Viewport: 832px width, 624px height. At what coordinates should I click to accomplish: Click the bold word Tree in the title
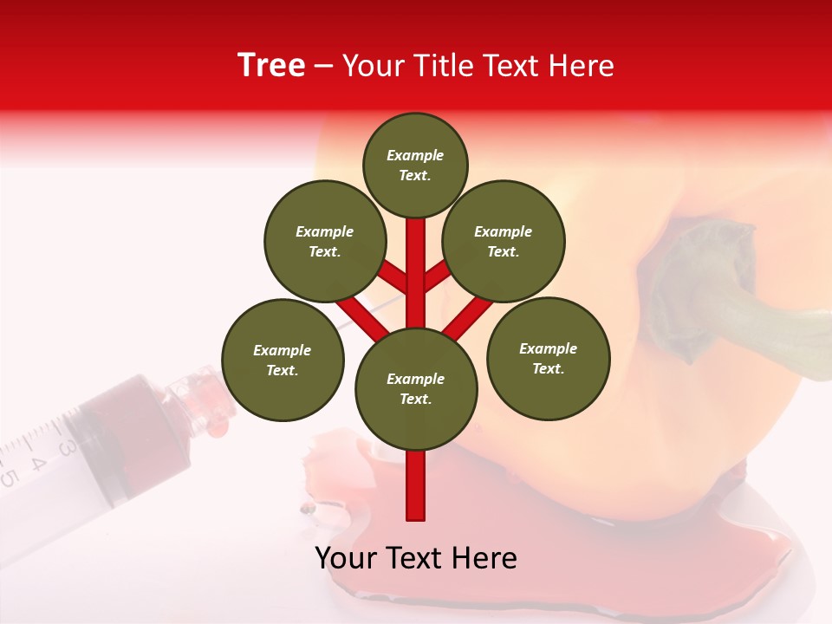(x=271, y=66)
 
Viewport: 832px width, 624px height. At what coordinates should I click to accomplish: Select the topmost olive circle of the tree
(x=415, y=165)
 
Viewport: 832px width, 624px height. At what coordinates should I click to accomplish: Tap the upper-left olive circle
(x=324, y=241)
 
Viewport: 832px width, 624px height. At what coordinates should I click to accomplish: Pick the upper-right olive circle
(x=504, y=241)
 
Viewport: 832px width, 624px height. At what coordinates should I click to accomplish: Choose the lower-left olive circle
(x=283, y=360)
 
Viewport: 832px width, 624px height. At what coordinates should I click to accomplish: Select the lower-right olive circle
(x=548, y=358)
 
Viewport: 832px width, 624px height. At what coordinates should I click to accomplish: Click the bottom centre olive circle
(x=415, y=388)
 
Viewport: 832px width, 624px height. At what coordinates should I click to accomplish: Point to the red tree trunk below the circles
(x=416, y=485)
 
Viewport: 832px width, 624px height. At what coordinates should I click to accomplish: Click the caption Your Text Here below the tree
(x=416, y=558)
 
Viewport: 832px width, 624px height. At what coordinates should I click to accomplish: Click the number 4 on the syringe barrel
(x=37, y=462)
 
